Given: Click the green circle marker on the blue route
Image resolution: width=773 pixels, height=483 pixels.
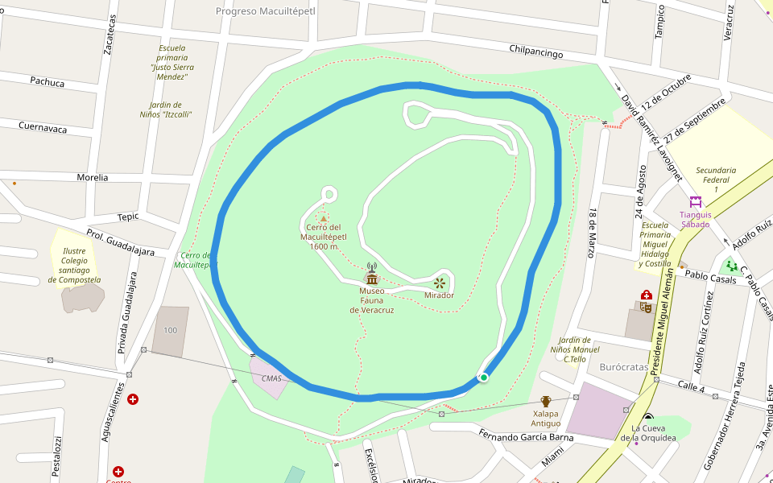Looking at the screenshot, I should coord(484,377).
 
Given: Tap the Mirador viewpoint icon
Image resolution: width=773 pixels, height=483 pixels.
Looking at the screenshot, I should coord(440,283).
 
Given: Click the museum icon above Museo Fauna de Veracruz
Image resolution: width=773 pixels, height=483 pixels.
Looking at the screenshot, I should coord(371,279).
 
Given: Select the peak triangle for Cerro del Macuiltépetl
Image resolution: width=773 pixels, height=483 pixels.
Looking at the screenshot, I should coord(324,218).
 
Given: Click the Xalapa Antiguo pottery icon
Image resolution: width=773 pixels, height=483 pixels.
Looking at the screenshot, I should coord(546,401).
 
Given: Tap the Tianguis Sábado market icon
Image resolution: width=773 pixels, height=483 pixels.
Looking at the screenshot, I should coord(695,201).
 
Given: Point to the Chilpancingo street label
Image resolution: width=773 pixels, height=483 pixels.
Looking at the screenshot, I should coord(535,52).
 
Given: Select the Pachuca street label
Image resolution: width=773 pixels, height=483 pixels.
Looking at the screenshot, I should coord(47,81).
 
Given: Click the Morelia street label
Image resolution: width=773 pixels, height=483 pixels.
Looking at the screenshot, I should coord(92,177).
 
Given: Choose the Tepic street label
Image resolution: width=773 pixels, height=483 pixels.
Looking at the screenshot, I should coord(128,217).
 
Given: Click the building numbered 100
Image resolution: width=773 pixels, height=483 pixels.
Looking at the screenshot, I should coord(170,331).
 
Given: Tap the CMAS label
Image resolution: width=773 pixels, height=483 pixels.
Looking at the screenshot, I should coord(271,378).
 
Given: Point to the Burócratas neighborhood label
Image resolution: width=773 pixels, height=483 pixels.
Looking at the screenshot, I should coord(624,366).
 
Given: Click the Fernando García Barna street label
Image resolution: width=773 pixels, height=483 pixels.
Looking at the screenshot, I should coord(526,437).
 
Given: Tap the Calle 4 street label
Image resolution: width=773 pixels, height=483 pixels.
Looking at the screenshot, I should coord(691,389).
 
